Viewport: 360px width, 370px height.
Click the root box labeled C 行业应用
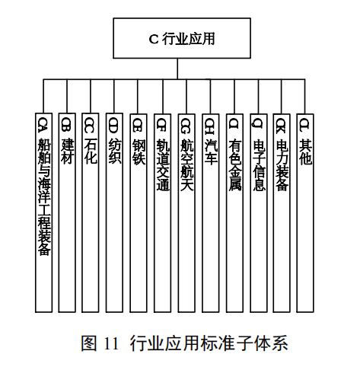(x=182, y=38)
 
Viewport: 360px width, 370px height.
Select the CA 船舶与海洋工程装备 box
(x=43, y=212)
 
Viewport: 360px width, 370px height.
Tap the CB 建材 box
(x=67, y=212)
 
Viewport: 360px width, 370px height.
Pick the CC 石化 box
(x=91, y=212)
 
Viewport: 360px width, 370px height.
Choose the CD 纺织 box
(x=114, y=212)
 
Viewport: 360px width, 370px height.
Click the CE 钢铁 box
(x=139, y=213)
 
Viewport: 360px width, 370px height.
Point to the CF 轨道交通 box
(x=162, y=213)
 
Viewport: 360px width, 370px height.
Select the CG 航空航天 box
(x=186, y=213)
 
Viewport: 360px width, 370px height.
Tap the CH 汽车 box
(x=211, y=213)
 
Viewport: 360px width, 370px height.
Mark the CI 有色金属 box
(x=234, y=213)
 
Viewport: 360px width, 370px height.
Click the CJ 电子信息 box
(x=259, y=213)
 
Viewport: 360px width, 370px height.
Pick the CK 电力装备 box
(x=282, y=213)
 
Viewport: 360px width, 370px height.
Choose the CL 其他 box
(x=305, y=213)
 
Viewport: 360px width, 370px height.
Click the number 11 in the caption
(x=111, y=344)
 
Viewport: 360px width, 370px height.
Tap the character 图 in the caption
(x=89, y=343)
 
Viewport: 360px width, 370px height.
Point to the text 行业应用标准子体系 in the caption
(x=209, y=343)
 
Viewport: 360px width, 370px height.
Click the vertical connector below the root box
(x=177, y=69)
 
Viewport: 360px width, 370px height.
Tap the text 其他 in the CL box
(x=305, y=152)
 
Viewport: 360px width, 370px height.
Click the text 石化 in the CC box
(x=91, y=152)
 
